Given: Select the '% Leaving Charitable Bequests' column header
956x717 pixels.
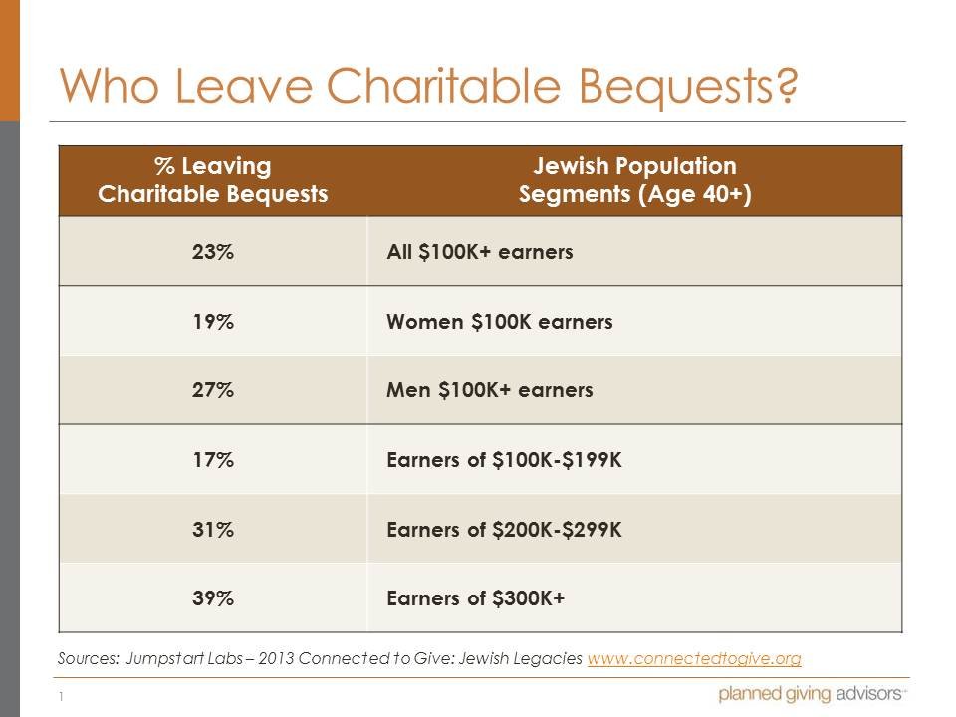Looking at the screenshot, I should tap(212, 179).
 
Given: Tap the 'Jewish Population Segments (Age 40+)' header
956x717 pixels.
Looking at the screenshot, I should tap(634, 179).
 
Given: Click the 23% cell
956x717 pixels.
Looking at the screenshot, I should tap(212, 252).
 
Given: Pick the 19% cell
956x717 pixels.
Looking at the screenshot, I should tap(212, 322).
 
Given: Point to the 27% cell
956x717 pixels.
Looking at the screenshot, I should tap(212, 390).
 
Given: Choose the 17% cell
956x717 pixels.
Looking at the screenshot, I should tap(212, 460).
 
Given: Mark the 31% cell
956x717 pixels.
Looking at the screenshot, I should tap(212, 529).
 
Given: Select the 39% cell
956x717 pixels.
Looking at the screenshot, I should tap(212, 598).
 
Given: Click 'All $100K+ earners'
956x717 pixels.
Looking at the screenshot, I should tap(479, 252).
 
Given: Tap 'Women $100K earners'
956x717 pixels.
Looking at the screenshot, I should tap(499, 322).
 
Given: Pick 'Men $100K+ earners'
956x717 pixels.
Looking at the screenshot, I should tap(489, 390).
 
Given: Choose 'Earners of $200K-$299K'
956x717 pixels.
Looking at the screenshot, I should tap(504, 529).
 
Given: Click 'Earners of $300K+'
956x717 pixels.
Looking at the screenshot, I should tap(475, 598).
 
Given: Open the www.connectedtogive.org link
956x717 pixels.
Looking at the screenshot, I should tap(694, 659).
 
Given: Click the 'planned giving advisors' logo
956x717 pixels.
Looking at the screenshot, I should tap(812, 694).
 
